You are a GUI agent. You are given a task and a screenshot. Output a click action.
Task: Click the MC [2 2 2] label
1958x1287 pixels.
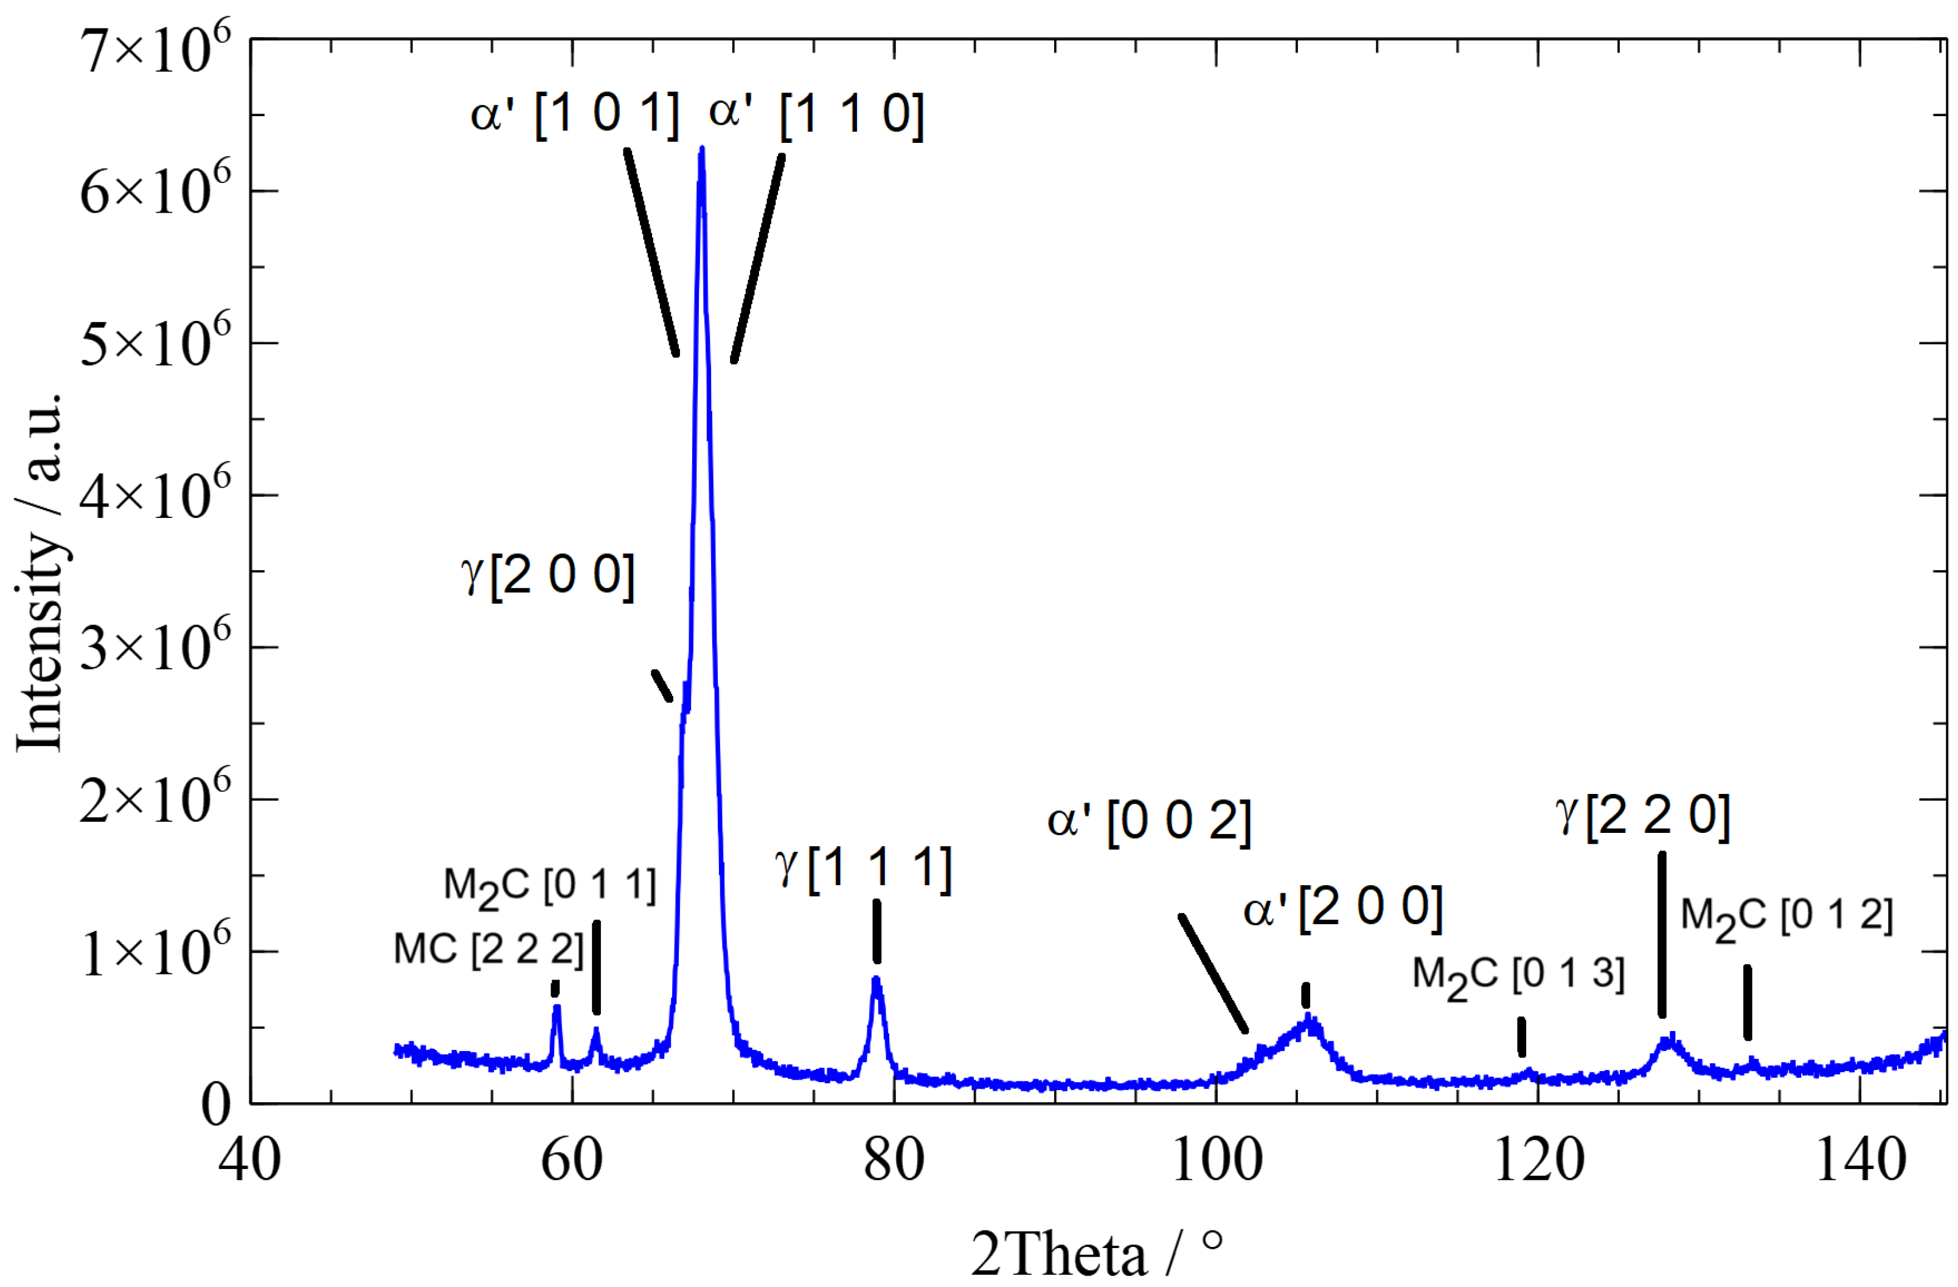click(x=488, y=950)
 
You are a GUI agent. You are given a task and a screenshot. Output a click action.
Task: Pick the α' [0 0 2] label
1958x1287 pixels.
click(x=1148, y=821)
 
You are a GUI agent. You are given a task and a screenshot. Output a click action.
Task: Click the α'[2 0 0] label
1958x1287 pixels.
click(x=1342, y=909)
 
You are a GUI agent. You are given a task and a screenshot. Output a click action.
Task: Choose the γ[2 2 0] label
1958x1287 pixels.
click(x=1642, y=816)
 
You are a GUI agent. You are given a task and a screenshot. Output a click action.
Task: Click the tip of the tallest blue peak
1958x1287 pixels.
click(x=701, y=149)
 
